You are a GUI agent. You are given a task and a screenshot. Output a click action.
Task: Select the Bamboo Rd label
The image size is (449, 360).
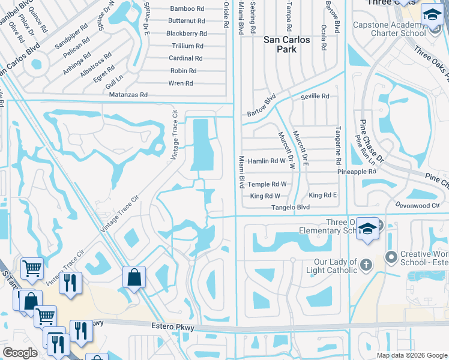tap(187, 8)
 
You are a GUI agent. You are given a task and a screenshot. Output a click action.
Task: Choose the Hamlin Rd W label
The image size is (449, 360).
tap(266, 161)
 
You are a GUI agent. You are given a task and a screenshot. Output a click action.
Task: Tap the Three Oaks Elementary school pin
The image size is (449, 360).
tap(367, 229)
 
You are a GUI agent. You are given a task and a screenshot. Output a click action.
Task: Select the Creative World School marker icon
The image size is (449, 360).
tap(391, 257)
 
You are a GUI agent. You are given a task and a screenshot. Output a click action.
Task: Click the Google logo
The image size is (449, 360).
tap(20, 353)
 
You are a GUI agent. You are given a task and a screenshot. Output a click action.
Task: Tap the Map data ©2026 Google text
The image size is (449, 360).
tap(411, 355)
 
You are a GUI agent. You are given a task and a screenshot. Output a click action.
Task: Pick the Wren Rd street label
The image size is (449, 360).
tap(181, 83)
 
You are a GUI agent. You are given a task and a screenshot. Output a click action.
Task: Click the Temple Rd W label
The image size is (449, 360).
tap(267, 185)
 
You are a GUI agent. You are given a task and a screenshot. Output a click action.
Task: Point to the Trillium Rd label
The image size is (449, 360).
tap(187, 46)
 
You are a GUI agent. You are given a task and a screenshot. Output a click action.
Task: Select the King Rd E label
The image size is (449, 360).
tap(322, 196)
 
